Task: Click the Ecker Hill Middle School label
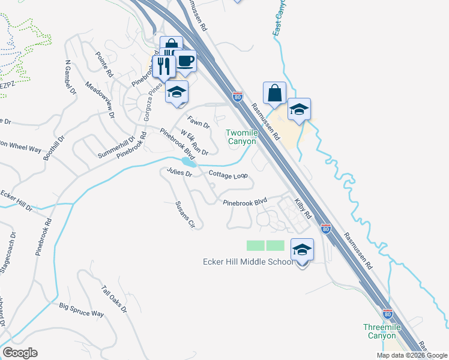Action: [247, 262]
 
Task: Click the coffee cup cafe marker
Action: [185, 61]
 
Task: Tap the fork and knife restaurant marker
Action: [163, 67]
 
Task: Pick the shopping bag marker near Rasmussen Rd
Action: [274, 94]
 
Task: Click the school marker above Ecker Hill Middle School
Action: [302, 249]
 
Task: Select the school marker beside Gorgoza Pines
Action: [177, 92]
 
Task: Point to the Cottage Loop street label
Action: [228, 175]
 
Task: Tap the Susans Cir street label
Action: [185, 215]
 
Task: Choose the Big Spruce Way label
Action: [81, 310]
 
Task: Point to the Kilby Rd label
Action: [302, 206]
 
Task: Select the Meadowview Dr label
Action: [100, 100]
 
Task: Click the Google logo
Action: [20, 353]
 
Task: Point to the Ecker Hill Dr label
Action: [16, 200]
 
